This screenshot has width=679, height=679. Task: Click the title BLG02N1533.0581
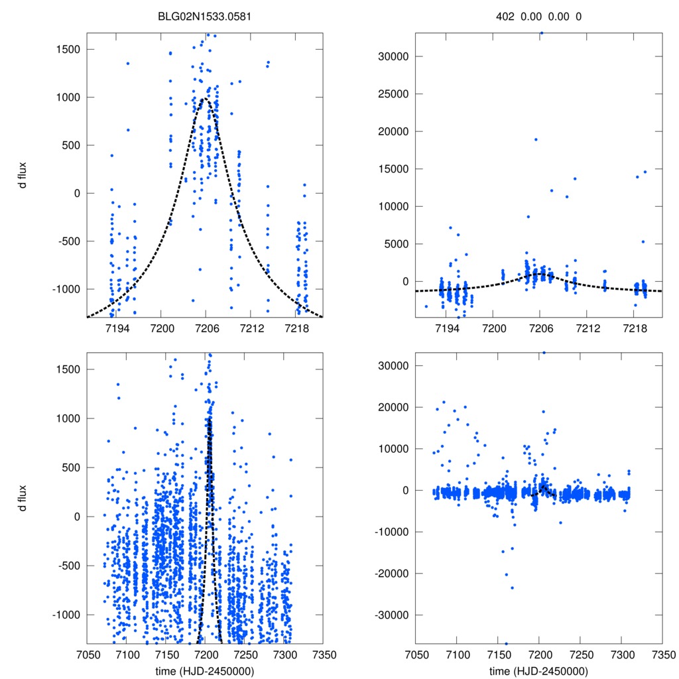click(x=206, y=16)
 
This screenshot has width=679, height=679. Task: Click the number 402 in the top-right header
click(x=505, y=16)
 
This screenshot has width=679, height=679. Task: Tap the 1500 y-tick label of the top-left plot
click(x=69, y=49)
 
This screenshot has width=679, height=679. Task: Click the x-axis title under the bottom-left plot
click(x=206, y=670)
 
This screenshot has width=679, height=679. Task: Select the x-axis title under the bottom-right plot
click(x=538, y=670)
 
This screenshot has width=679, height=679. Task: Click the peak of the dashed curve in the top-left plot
click(x=205, y=98)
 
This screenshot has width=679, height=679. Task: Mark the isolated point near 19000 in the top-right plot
click(x=536, y=139)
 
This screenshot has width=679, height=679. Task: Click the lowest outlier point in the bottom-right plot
click(x=506, y=644)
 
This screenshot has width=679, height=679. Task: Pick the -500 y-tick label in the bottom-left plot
click(x=70, y=566)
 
